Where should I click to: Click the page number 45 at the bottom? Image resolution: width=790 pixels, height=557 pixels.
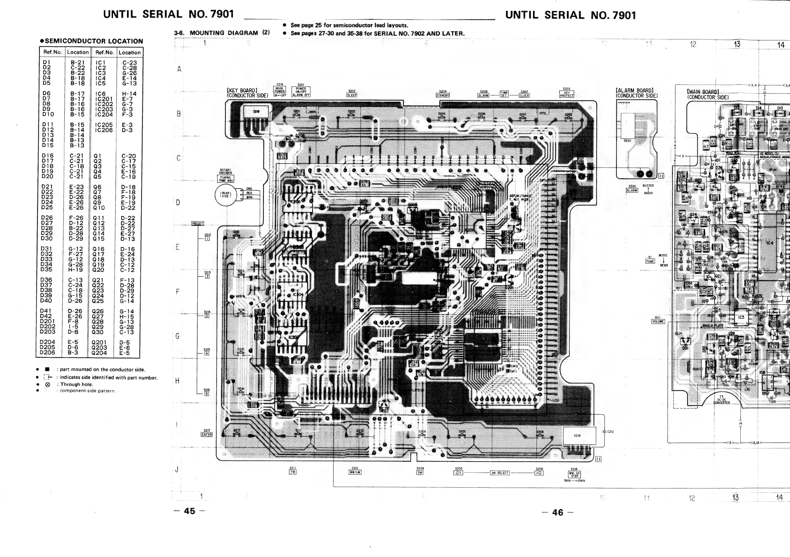[x=189, y=511]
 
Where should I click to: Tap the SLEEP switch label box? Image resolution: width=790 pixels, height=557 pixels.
[x=352, y=95]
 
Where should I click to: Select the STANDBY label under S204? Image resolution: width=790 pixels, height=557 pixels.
[x=443, y=95]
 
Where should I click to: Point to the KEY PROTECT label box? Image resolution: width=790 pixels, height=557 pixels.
[x=566, y=94]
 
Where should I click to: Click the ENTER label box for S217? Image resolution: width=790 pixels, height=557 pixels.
[x=206, y=435]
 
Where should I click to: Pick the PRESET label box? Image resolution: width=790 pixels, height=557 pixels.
[x=198, y=224]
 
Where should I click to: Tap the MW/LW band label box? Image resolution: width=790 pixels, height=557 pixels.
[x=355, y=472]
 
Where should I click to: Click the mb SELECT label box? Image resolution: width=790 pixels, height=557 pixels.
[x=500, y=473]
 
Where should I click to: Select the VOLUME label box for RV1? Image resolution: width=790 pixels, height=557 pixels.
[x=658, y=321]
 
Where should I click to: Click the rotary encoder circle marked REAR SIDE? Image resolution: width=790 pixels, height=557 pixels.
[x=226, y=195]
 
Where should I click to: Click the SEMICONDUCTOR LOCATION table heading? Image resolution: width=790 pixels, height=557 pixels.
[x=92, y=41]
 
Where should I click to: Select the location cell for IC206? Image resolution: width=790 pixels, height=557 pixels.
[x=127, y=130]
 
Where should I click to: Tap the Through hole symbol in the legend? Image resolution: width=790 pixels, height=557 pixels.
[x=48, y=384]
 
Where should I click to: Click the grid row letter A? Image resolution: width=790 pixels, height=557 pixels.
[x=179, y=69]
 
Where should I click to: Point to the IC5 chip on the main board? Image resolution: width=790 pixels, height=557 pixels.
[x=741, y=318]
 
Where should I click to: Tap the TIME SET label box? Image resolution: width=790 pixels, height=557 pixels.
[x=504, y=94]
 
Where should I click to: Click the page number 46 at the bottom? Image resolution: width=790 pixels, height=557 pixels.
[x=557, y=512]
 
